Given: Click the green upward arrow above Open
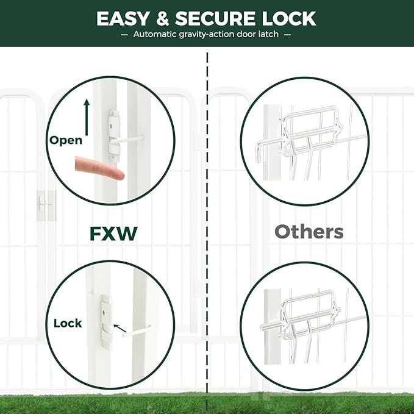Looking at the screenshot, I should (x=86, y=118).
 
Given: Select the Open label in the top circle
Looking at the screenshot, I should (x=66, y=140).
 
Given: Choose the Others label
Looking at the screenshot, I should (x=309, y=232).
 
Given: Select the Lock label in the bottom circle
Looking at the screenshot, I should (x=67, y=323).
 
